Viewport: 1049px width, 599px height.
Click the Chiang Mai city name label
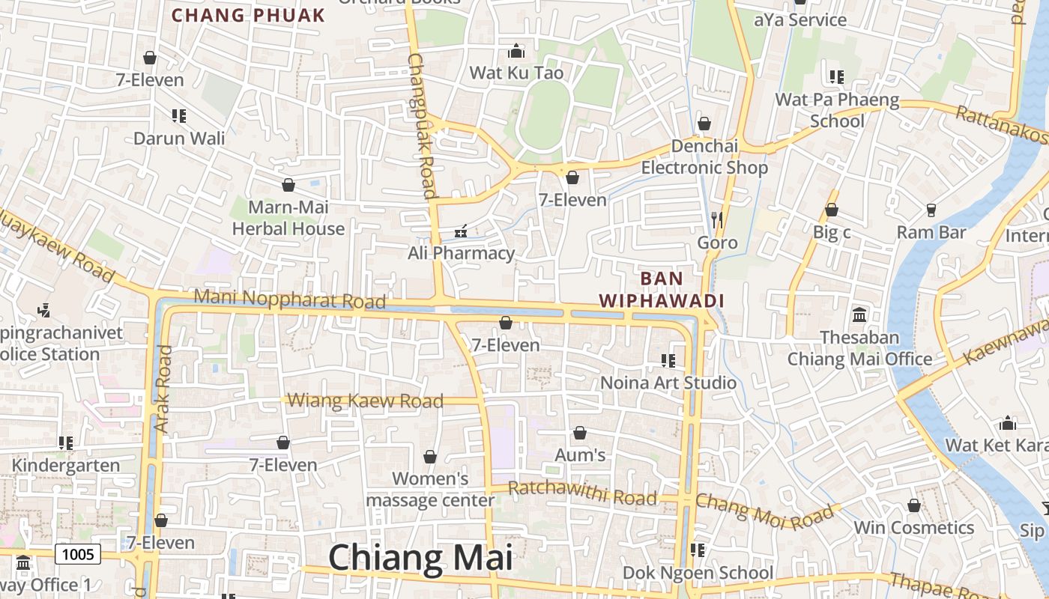click(x=420, y=559)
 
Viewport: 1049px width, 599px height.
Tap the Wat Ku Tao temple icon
click(x=516, y=51)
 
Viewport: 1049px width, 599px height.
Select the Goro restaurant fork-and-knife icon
click(x=717, y=219)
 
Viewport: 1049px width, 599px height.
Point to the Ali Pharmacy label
click(x=461, y=253)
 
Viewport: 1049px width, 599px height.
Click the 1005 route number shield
click(x=78, y=554)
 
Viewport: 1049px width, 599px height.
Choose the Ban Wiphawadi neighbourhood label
click(x=662, y=290)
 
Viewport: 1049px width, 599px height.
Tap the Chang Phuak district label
click(x=248, y=15)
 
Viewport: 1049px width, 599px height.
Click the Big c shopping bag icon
click(x=832, y=210)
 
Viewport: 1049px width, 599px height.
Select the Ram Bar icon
click(x=931, y=210)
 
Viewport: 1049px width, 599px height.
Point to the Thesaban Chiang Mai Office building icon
click(x=859, y=314)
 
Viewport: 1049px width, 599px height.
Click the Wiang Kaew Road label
click(x=366, y=401)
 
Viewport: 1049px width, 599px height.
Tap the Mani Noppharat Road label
click(x=289, y=299)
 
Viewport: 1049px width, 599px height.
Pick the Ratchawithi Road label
click(x=582, y=493)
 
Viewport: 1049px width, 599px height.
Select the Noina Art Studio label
click(x=668, y=383)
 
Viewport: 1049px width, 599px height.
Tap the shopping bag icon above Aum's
click(x=579, y=433)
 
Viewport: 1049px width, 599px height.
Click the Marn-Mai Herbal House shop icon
click(x=288, y=185)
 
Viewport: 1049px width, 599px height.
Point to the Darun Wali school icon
click(x=179, y=115)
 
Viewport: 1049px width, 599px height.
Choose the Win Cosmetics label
click(x=914, y=528)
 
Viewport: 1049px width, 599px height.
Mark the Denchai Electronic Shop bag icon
click(x=704, y=123)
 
